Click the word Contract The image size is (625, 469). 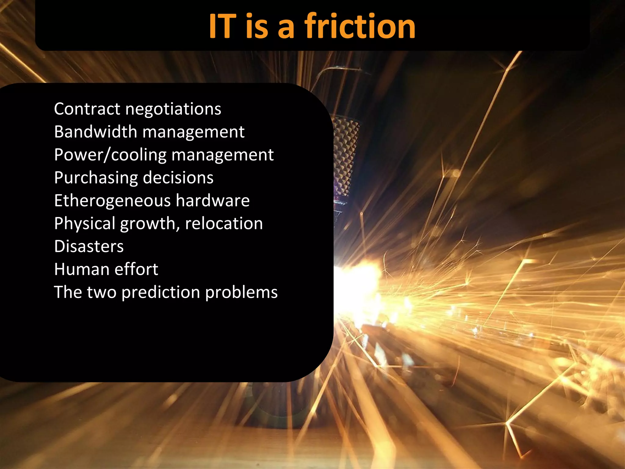[87, 109]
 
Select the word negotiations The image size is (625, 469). [173, 109]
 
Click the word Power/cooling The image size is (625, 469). [110, 155]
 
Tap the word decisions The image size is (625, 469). [178, 178]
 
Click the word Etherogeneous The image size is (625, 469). [112, 201]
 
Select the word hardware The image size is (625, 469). [213, 201]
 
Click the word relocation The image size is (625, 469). [224, 224]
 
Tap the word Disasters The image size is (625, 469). [89, 246]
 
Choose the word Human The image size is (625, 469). [81, 269]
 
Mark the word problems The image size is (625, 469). [241, 293]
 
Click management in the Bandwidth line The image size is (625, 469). [193, 132]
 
